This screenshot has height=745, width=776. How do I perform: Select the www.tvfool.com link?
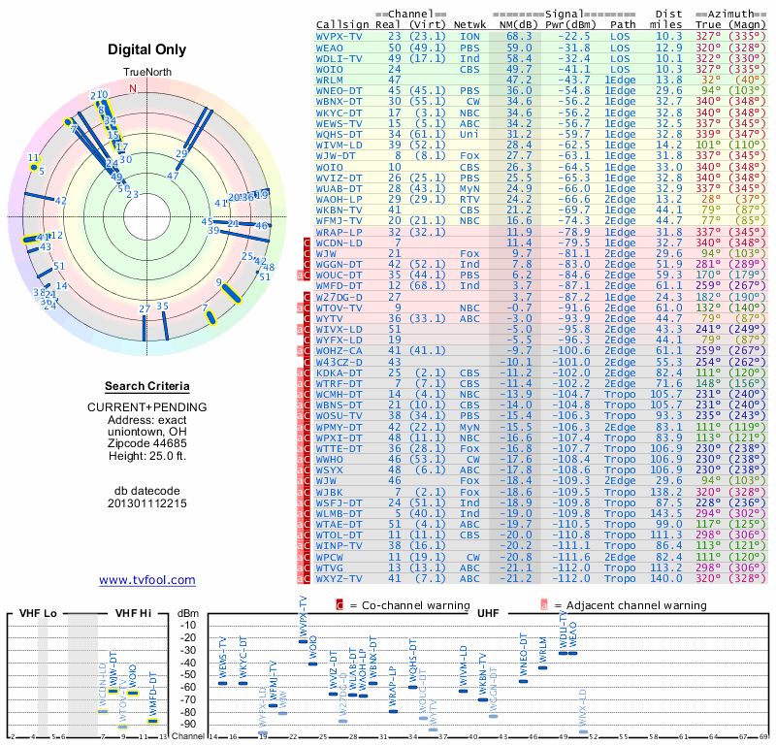pos(146,580)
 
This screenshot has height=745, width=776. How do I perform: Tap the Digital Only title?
pos(146,49)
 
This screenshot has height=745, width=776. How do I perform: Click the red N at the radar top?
pos(146,85)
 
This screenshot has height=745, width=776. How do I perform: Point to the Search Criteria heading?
pos(146,386)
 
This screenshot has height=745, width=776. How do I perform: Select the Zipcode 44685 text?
pos(146,442)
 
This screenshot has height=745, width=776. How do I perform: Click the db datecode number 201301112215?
pos(146,503)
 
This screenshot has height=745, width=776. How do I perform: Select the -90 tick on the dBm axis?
pos(190,724)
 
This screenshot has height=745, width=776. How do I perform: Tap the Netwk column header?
pos(469,24)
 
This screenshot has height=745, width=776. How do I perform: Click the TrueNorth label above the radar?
pos(146,73)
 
